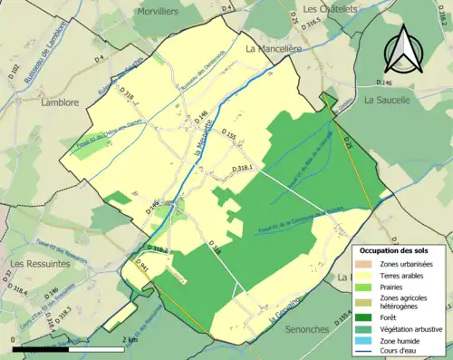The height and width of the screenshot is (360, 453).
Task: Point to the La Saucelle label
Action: pos(387,102)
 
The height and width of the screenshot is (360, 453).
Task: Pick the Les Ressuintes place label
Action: pos(39,263)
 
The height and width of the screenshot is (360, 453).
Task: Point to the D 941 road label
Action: pos(140,266)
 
